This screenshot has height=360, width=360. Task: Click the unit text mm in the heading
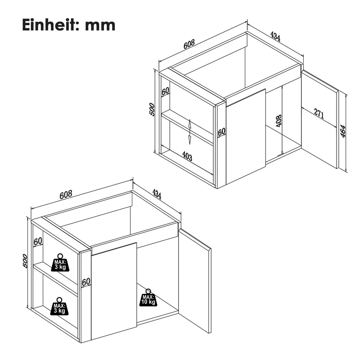click(x=100, y=26)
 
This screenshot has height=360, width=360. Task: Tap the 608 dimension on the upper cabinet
click(x=189, y=44)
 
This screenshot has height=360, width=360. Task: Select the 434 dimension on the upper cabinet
click(x=275, y=36)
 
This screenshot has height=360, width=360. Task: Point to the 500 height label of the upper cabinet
click(x=152, y=109)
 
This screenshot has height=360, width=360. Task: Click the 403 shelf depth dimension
click(x=187, y=156)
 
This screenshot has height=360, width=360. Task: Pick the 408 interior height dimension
click(x=279, y=121)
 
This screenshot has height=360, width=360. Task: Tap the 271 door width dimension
click(x=319, y=113)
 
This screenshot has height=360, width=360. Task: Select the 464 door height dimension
click(x=342, y=131)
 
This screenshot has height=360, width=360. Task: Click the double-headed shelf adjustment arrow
click(x=190, y=132)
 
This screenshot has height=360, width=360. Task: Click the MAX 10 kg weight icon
click(x=148, y=298)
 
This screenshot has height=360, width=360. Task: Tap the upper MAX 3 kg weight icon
click(x=60, y=263)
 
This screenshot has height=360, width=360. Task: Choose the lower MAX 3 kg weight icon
click(x=59, y=306)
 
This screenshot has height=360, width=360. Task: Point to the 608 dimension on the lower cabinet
click(x=66, y=195)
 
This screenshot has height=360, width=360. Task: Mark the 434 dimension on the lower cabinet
click(x=157, y=194)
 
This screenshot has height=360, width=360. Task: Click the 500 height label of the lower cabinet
click(x=25, y=261)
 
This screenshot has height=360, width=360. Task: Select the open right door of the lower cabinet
click(x=195, y=280)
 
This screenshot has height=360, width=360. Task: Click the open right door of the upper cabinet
click(x=320, y=119)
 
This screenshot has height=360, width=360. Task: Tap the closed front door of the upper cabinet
click(x=246, y=137)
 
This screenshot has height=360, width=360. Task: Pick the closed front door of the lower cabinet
click(x=114, y=291)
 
